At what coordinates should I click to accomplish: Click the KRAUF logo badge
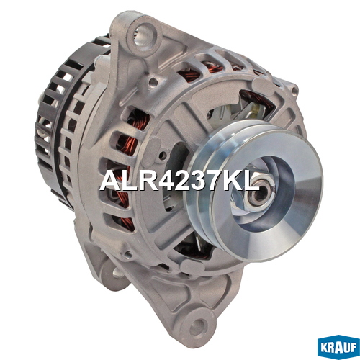338,347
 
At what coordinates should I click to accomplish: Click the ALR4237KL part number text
179,181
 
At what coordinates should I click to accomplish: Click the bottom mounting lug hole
197,328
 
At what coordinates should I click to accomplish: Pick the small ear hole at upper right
294,90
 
